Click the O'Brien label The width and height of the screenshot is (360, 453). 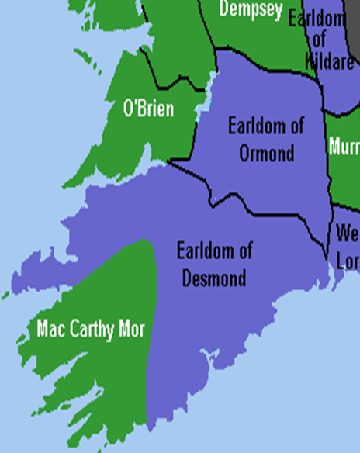pos(149,109)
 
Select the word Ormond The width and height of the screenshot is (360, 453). pos(266,153)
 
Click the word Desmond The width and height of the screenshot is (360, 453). pos(214,278)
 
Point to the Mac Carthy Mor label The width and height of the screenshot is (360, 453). pos(91,329)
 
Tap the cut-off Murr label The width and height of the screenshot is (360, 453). pos(344,146)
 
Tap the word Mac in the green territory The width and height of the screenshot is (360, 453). pos(49,329)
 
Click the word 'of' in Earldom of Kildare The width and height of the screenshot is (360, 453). pos(319,39)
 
